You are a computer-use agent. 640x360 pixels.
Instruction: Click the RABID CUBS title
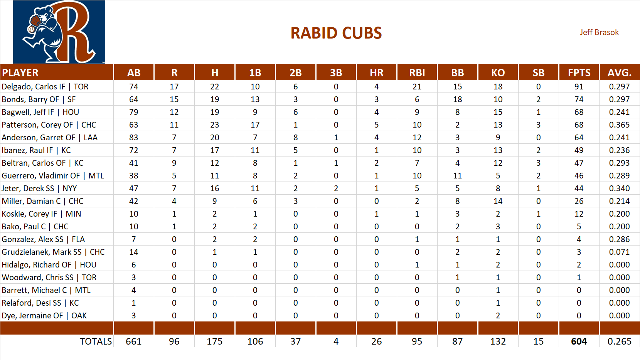click(x=336, y=33)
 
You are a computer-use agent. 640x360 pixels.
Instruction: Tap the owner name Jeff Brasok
click(x=599, y=32)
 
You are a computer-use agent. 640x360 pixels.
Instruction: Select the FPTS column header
click(x=579, y=72)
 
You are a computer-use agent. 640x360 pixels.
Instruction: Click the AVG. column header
click(x=619, y=72)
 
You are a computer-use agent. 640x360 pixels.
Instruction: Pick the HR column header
click(x=376, y=72)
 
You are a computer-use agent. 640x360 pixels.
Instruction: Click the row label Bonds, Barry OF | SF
click(x=39, y=99)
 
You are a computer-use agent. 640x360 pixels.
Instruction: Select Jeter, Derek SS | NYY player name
click(x=39, y=188)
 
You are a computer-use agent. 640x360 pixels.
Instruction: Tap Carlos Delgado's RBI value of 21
click(x=417, y=87)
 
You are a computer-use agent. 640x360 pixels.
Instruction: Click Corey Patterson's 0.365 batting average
click(x=619, y=125)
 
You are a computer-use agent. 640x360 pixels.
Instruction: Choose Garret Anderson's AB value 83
click(x=133, y=138)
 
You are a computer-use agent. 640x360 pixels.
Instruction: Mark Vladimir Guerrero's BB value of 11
click(x=457, y=176)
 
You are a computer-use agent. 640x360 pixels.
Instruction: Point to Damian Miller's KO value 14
click(x=498, y=201)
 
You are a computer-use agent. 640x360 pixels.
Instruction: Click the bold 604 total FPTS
click(x=579, y=341)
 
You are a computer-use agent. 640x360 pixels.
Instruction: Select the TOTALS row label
click(x=96, y=341)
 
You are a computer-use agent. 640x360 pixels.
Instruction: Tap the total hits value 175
click(x=214, y=341)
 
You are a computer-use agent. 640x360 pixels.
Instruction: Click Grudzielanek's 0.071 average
click(x=619, y=252)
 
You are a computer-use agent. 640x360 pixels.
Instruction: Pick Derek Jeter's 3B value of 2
click(x=336, y=188)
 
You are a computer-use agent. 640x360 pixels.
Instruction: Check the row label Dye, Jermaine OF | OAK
click(x=44, y=316)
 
